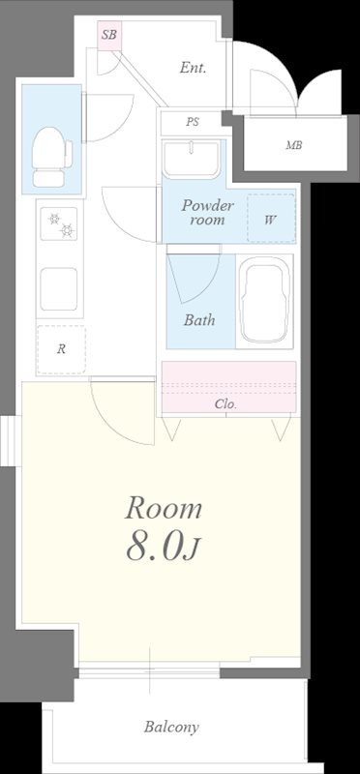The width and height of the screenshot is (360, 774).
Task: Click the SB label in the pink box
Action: (109, 35)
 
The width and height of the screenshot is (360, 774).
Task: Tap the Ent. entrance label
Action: (193, 68)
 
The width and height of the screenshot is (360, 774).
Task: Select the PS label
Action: (193, 122)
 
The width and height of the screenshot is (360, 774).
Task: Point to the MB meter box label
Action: (294, 145)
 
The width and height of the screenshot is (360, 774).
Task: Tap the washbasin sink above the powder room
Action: (191, 159)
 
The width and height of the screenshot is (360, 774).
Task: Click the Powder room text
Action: (207, 212)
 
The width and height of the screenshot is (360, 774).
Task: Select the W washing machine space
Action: (271, 218)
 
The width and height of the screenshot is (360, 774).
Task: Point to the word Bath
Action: (199, 320)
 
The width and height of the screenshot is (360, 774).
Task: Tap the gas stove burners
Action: (59, 223)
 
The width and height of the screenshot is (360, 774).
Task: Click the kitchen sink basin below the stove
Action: (59, 288)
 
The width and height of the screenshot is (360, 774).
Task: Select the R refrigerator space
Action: (61, 349)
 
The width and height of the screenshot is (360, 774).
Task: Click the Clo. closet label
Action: (225, 404)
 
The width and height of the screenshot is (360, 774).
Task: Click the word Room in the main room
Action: (164, 509)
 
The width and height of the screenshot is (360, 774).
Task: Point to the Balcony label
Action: (172, 727)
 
